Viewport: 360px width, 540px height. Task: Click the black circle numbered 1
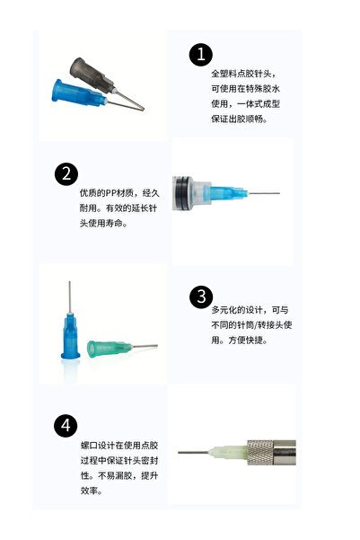coord(200,55)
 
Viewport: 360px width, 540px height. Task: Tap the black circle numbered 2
coord(66,173)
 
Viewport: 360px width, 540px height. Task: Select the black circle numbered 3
coord(200,297)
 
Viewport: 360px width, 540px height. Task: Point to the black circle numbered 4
coord(66,425)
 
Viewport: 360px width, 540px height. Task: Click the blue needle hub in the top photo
coord(76,92)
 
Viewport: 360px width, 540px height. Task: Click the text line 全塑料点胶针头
coord(242,73)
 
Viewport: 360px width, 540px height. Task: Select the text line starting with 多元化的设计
coord(243,310)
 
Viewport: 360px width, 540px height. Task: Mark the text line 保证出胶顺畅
coord(238,119)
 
